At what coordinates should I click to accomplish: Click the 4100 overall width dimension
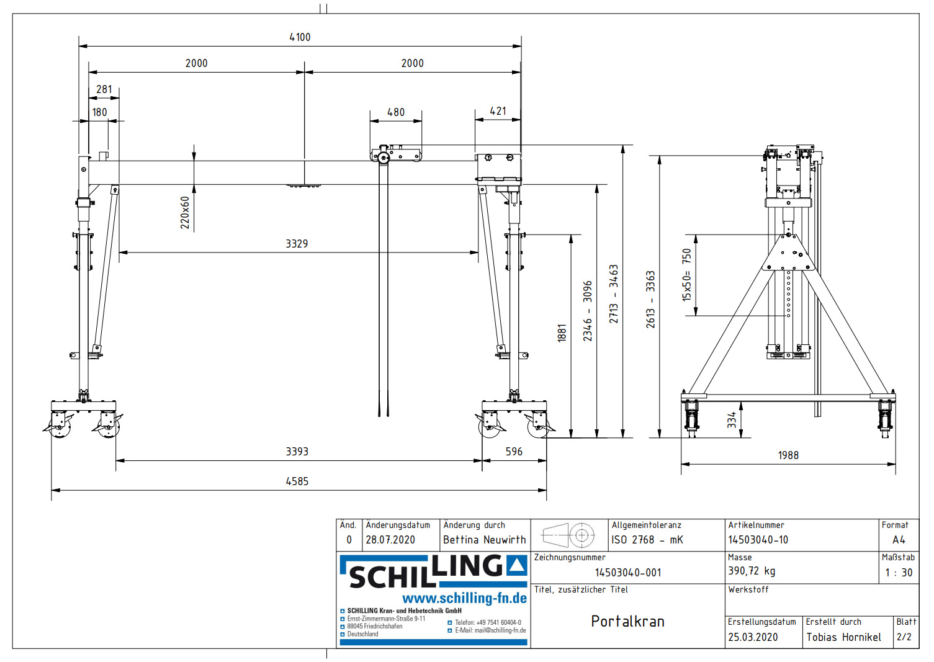click(x=300, y=37)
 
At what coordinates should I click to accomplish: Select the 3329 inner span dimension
click(x=297, y=244)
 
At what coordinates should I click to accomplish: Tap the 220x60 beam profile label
click(x=185, y=213)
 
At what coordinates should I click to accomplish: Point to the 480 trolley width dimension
click(x=395, y=112)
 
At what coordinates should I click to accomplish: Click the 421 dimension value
click(x=498, y=111)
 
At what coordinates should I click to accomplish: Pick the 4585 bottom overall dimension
click(x=297, y=481)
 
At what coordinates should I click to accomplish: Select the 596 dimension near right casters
click(x=514, y=452)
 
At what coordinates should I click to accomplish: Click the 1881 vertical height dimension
click(x=562, y=333)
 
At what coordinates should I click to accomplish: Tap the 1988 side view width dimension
click(x=788, y=455)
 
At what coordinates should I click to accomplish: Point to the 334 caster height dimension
click(x=732, y=420)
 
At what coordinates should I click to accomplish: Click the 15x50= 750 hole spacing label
click(x=686, y=275)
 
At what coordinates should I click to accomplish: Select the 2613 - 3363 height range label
click(x=650, y=299)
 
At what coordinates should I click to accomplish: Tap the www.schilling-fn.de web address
click(x=464, y=599)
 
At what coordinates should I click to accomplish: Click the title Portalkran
click(x=627, y=622)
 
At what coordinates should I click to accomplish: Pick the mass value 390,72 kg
click(x=752, y=571)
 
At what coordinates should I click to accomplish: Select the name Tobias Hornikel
click(x=843, y=637)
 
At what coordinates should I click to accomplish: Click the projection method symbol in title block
click(x=568, y=535)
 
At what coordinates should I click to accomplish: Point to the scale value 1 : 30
click(x=899, y=573)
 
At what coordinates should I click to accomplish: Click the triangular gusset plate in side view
click(x=789, y=255)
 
